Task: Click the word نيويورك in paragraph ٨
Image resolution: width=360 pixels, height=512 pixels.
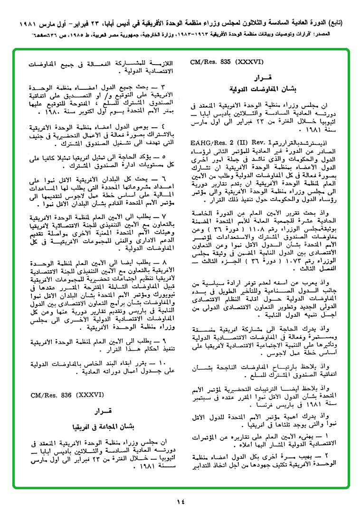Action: click(x=157, y=294)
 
